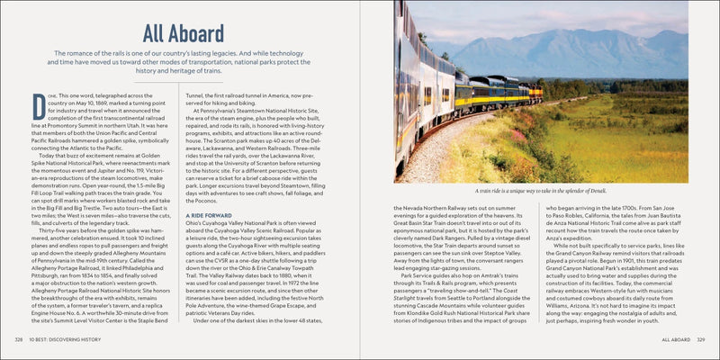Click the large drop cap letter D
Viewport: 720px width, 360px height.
click(38, 104)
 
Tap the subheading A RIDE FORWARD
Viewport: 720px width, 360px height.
click(210, 217)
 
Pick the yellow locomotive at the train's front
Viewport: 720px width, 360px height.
click(536, 91)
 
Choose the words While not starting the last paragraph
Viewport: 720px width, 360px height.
click(569, 242)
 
